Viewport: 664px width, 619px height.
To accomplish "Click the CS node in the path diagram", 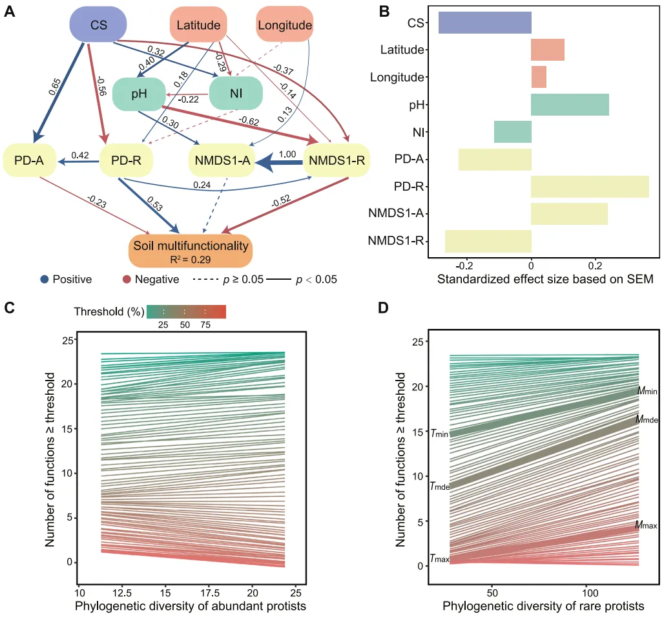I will [x=98, y=25].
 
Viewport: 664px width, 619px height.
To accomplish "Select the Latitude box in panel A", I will [x=198, y=25].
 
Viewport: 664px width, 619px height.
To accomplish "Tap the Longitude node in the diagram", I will [x=284, y=25].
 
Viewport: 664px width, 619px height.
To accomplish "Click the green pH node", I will [x=140, y=94].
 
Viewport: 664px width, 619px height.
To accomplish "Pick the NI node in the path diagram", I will [x=236, y=94].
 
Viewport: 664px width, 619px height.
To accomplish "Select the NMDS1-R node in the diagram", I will [x=337, y=160].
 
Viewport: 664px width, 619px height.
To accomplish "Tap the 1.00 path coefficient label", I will [x=287, y=154].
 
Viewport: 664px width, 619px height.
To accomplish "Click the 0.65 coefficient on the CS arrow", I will [x=56, y=87].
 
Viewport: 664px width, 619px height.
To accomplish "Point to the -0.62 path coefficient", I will [x=248, y=120].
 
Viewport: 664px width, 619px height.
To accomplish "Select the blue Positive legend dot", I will [x=44, y=280].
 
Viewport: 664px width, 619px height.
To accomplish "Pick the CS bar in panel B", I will [x=484, y=22].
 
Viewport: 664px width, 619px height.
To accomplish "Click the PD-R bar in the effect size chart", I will [x=590, y=186].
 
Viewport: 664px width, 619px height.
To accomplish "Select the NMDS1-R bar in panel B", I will [x=488, y=241].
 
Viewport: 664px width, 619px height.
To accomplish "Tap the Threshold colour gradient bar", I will [x=186, y=312].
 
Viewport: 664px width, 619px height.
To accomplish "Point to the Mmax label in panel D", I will [x=645, y=525].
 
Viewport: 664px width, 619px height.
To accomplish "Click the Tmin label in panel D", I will [x=439, y=434].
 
